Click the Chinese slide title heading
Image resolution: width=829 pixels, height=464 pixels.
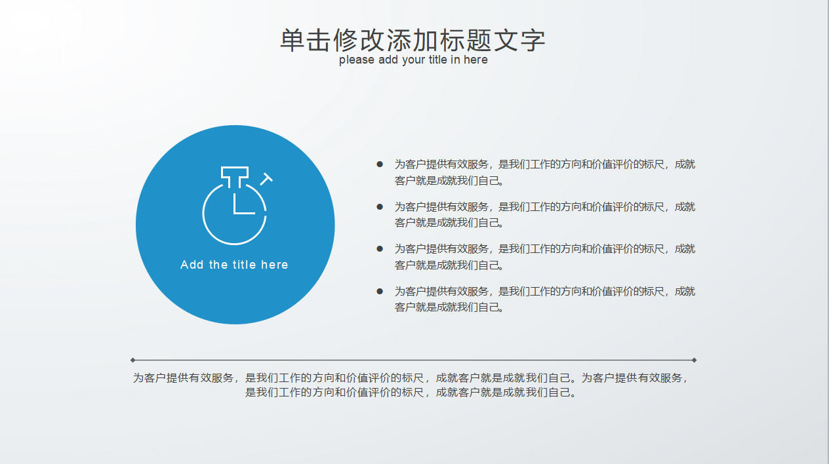point(413,39)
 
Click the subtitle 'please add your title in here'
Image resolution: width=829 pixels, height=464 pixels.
point(413,60)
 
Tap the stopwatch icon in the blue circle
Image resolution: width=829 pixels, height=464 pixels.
point(235,206)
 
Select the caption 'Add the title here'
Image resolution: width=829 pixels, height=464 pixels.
point(234,265)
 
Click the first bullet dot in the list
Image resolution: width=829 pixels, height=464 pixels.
point(379,164)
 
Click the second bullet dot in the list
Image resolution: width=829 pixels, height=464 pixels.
point(379,206)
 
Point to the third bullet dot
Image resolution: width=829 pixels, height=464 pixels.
point(379,248)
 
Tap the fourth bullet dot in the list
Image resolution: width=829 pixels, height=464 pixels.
point(379,291)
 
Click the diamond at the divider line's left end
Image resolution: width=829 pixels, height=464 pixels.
point(132,360)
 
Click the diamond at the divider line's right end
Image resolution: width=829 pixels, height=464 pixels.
point(694,360)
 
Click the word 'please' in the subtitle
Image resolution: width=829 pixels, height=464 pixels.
point(357,60)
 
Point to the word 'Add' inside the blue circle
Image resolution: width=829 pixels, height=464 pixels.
point(192,265)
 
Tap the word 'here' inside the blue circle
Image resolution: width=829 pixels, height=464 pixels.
point(274,265)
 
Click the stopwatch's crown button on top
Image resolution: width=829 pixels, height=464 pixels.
point(235,174)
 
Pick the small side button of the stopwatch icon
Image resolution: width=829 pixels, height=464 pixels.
point(266,178)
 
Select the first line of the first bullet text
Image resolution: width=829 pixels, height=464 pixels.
point(544,164)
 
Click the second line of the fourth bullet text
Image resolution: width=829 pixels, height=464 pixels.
point(449,307)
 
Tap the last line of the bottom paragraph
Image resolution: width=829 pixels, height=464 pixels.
point(411,393)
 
